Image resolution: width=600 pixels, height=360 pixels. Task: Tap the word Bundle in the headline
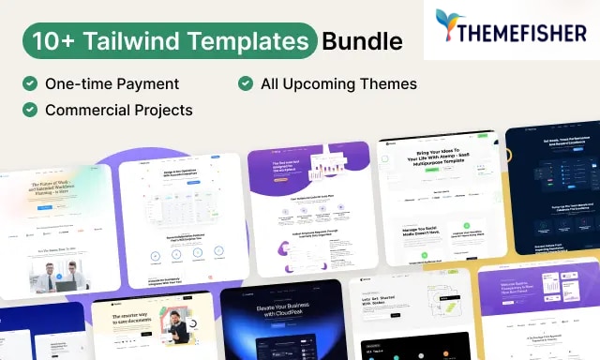[362, 41]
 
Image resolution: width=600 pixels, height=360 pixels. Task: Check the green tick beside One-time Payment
[30, 83]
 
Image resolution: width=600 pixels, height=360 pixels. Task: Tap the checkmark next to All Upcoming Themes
[246, 83]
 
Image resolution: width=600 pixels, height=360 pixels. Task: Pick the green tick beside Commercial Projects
[30, 110]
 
